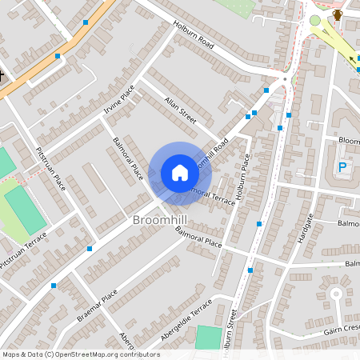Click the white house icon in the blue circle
pyautogui.click(x=180, y=173)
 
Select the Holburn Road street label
pyautogui.click(x=194, y=37)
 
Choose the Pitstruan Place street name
pyautogui.click(x=50, y=167)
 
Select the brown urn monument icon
pyautogui.click(x=338, y=14)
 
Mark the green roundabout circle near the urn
pyautogui.click(x=315, y=20)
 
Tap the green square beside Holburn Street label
pyautogui.click(x=207, y=337)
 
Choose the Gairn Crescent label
pyautogui.click(x=342, y=330)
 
